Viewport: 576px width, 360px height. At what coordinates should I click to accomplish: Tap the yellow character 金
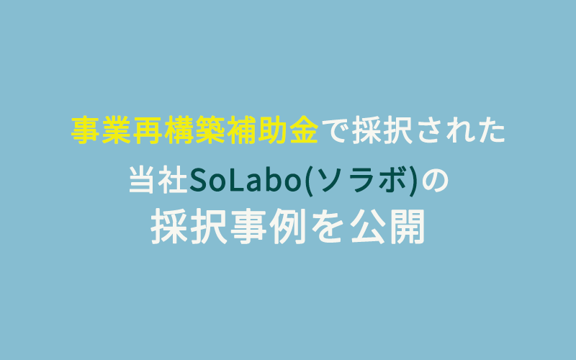pyautogui.click(x=303, y=130)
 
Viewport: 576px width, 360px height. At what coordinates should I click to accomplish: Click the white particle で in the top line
pyautogui.click(x=335, y=131)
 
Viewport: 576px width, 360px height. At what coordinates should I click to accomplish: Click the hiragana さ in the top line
pyautogui.click(x=431, y=131)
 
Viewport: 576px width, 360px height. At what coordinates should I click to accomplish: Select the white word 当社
pyautogui.click(x=158, y=180)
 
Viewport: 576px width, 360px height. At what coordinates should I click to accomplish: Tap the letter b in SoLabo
pyautogui.click(x=274, y=180)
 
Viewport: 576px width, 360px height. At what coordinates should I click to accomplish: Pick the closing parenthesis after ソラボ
pyautogui.click(x=413, y=181)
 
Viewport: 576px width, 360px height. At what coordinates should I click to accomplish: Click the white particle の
pyautogui.click(x=436, y=181)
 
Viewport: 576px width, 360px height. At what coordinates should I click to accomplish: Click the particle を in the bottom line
pyautogui.click(x=327, y=227)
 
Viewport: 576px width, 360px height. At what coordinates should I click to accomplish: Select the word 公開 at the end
pyautogui.click(x=387, y=226)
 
